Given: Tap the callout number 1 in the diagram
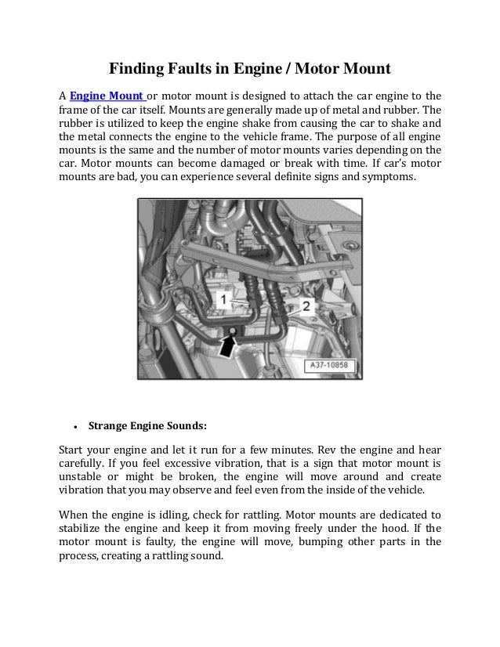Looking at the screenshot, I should (x=223, y=300).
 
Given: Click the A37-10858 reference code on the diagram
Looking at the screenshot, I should (x=327, y=365).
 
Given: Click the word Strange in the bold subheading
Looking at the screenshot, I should (x=109, y=427).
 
